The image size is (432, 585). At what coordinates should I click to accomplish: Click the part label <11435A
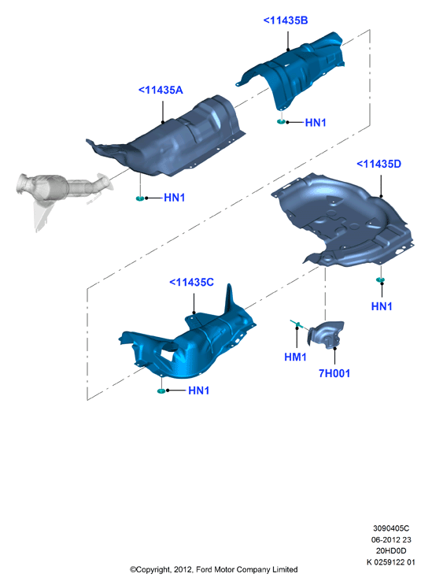point(161,90)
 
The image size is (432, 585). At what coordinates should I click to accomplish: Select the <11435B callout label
point(286,20)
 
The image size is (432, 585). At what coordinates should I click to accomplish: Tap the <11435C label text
point(191,283)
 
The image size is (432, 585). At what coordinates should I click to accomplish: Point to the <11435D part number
point(378,164)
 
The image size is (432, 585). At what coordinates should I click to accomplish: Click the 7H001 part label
point(334,373)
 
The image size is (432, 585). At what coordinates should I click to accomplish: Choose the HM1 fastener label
point(295,357)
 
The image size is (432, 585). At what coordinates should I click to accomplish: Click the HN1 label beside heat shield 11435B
point(316,122)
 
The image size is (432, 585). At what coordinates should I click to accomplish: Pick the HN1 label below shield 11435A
point(175,198)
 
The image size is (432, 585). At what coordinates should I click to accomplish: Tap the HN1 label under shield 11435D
point(382,306)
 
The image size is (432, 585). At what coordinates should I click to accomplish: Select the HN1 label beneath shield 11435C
point(198,391)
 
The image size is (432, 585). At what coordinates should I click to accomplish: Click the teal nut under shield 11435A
point(140,198)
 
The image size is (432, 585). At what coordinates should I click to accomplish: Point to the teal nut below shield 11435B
point(281,121)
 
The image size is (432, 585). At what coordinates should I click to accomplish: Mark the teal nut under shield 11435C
point(161,391)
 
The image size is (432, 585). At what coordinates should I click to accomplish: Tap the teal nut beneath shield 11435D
point(380,280)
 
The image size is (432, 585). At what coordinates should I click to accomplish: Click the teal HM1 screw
point(298,324)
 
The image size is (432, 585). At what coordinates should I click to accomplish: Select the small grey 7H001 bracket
point(326,335)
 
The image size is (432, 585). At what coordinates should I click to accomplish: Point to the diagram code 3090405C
point(391,528)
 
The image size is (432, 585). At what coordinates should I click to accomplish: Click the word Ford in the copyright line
point(205,569)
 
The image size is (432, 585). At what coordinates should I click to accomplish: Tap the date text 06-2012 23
point(391,539)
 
